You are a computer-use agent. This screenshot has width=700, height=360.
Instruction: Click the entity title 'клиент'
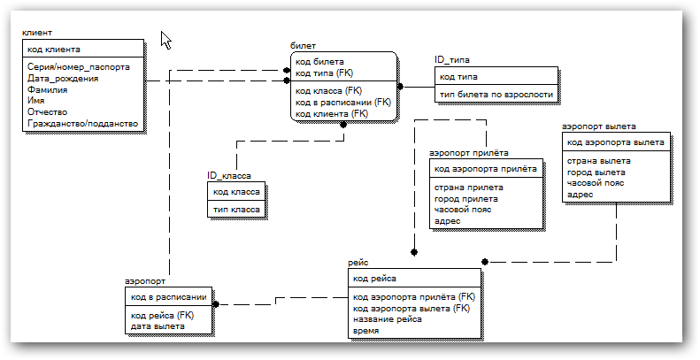(37, 33)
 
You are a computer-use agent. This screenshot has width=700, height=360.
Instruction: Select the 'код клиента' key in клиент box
(54, 50)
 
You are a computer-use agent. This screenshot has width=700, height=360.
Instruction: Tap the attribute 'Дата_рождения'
(63, 79)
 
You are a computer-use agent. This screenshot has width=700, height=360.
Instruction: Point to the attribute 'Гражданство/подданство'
(82, 124)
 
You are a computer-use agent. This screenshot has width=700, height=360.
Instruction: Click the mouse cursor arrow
(165, 40)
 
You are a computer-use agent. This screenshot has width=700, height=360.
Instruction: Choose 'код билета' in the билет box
(319, 62)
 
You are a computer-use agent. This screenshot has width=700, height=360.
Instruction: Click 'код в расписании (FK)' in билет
(342, 103)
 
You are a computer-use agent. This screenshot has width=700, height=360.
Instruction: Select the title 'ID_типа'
(452, 60)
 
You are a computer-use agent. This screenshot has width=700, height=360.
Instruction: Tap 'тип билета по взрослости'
(496, 95)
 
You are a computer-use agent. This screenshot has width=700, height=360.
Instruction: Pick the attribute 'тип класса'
(236, 210)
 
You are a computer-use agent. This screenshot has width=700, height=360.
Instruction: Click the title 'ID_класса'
(228, 176)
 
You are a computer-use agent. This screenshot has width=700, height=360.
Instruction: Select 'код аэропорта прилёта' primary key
(486, 169)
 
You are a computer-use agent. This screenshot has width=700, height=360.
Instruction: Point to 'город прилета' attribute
(466, 199)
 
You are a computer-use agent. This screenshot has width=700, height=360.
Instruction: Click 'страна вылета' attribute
(598, 161)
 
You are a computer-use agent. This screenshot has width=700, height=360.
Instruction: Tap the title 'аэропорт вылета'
(598, 126)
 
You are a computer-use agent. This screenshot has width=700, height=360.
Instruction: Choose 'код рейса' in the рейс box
(374, 279)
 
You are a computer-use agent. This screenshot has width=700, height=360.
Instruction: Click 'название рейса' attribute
(388, 319)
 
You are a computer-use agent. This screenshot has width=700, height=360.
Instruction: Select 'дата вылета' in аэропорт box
(158, 326)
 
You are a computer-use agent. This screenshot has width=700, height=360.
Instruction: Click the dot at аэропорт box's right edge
(216, 304)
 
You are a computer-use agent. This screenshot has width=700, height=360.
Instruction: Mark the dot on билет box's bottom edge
(342, 125)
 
